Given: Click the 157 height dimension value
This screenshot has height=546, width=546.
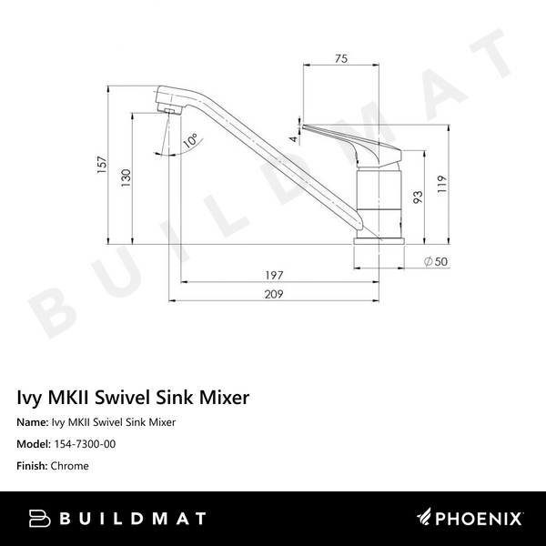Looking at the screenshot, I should pos(103,164).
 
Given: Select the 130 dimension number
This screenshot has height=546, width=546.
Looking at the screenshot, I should pos(126,180).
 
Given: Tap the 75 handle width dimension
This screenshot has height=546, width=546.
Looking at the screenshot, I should pos(341,60).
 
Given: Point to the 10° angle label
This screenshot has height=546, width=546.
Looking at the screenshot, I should pos(190,141).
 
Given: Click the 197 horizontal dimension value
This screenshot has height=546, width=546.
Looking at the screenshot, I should pos(275,275).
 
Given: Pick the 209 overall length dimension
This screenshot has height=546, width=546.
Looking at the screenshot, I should pos(275,295).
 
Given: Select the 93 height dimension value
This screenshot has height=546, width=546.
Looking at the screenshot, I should pos(418,197).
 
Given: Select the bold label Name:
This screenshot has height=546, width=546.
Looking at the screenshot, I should pos(33,422).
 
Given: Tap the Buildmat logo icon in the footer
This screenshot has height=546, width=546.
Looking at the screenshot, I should pos(38,520).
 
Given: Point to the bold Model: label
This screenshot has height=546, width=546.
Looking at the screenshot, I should pos(35,444).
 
